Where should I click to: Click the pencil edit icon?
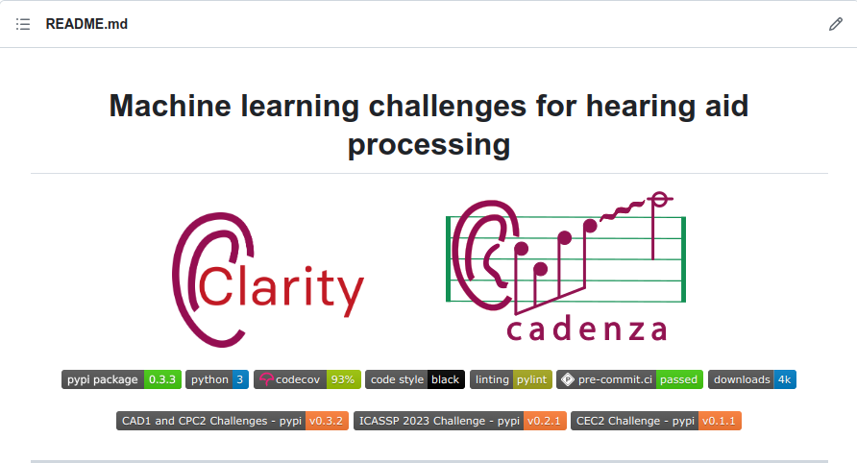[x=835, y=24]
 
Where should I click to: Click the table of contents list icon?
[x=23, y=24]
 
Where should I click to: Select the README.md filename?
[x=86, y=24]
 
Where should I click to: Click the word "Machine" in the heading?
[x=170, y=106]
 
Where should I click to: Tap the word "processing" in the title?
[x=429, y=145]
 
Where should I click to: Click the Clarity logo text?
[x=281, y=287]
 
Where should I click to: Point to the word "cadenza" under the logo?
[x=586, y=329]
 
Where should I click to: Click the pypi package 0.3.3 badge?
[x=121, y=379]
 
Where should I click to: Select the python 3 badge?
[x=217, y=379]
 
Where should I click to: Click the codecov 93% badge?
[x=307, y=379]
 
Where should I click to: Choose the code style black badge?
[x=415, y=379]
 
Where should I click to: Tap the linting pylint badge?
[x=511, y=379]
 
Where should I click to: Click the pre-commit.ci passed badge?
[x=629, y=379]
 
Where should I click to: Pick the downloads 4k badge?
[x=752, y=379]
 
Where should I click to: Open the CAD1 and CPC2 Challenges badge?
[x=233, y=421]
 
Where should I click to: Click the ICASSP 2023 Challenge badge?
[x=460, y=421]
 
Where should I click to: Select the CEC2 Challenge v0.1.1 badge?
[x=656, y=421]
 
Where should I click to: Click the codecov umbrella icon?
[x=266, y=379]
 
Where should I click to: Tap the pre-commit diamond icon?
[x=568, y=379]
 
